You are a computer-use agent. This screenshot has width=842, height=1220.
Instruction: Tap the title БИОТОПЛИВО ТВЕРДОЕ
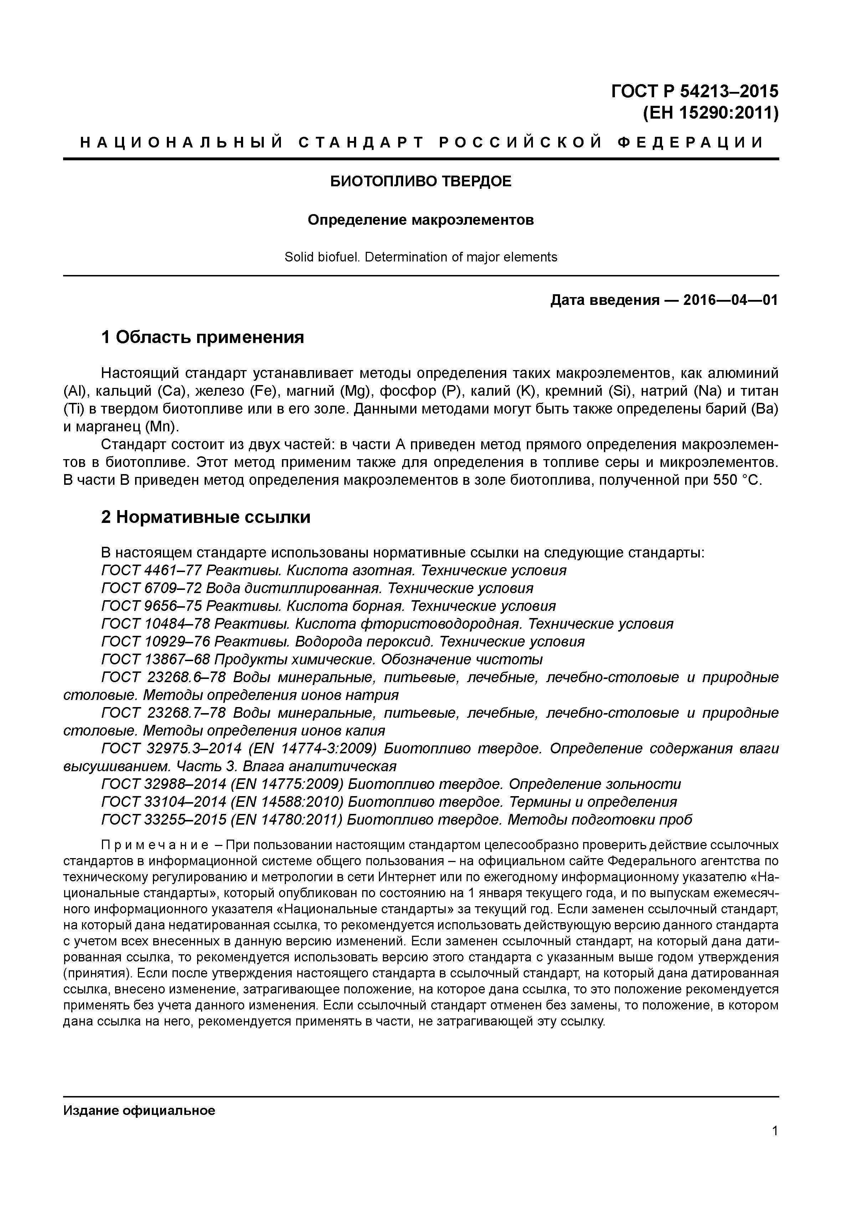coord(421,182)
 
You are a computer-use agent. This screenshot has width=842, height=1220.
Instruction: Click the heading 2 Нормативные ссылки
coord(205,517)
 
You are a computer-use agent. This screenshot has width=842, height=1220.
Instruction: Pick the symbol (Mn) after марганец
coord(158,426)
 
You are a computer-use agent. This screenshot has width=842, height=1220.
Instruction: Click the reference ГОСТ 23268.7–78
coord(164,713)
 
